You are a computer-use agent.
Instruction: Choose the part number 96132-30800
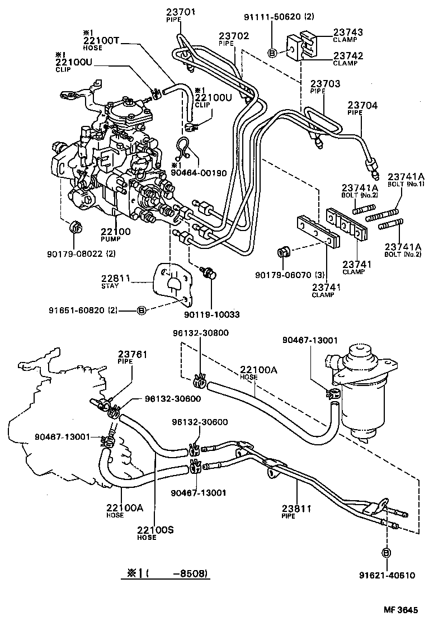pyautogui.click(x=200, y=332)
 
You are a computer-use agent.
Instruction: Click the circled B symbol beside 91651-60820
pyautogui.click(x=142, y=309)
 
